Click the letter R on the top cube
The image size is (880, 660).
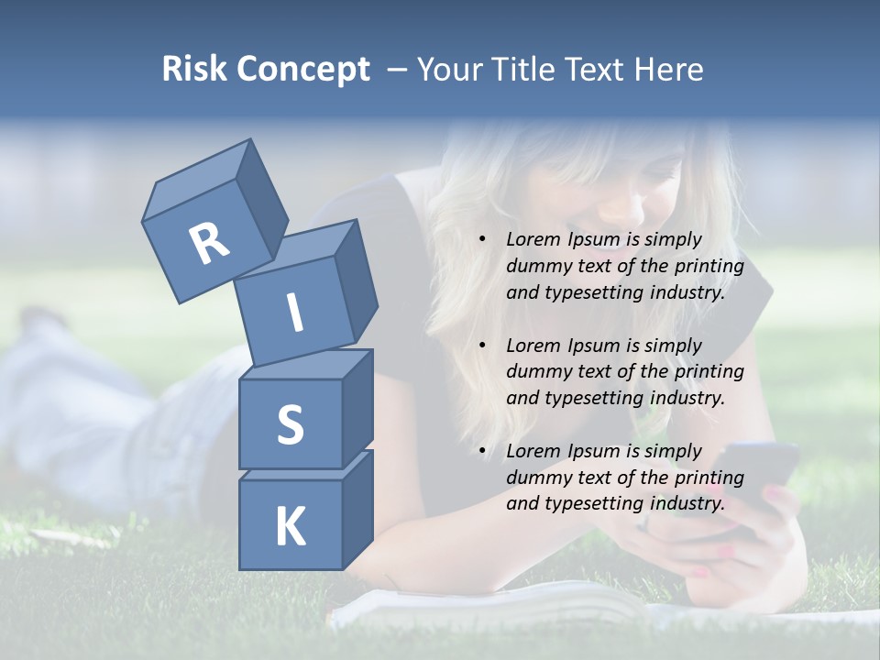tap(209, 245)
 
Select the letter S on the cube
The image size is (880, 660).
tap(290, 425)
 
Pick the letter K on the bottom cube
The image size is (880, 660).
tap(290, 527)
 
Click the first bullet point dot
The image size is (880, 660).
tap(482, 240)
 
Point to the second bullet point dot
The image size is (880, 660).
tap(482, 346)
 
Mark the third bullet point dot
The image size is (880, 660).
tap(482, 451)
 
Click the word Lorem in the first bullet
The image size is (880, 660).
tap(531, 240)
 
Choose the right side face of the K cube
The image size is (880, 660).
tap(357, 511)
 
